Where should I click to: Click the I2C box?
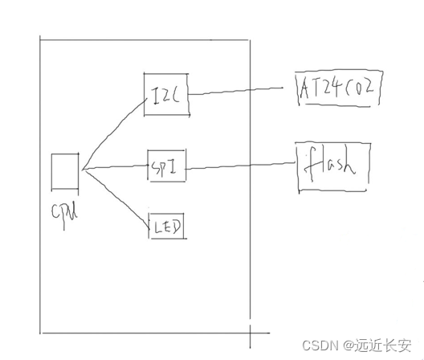click(x=165, y=95)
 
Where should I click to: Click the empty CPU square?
click(x=63, y=171)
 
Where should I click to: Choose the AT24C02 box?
click(x=336, y=88)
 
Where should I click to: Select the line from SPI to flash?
click(x=241, y=166)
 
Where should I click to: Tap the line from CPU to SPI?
click(x=112, y=168)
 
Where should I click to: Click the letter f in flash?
click(x=312, y=167)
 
